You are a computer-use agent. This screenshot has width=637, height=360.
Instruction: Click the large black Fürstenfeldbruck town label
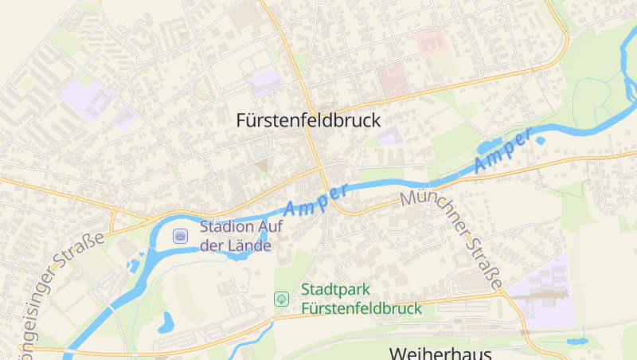tap(308, 120)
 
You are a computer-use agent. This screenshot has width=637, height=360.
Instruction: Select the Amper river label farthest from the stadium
tap(502, 151)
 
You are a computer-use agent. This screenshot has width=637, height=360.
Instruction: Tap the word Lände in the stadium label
tap(251, 245)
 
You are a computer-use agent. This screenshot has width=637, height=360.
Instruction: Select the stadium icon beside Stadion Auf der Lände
tap(180, 236)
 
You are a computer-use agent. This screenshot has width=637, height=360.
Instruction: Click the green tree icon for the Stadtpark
tap(281, 299)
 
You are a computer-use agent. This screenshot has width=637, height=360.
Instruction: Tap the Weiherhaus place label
tap(440, 353)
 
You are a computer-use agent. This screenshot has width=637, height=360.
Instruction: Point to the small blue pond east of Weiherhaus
tap(575, 341)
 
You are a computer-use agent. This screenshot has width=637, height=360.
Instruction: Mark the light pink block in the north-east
tap(431, 41)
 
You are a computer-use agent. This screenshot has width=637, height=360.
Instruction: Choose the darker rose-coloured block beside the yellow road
tap(392, 80)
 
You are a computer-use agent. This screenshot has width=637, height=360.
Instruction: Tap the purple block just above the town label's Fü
tap(265, 82)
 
